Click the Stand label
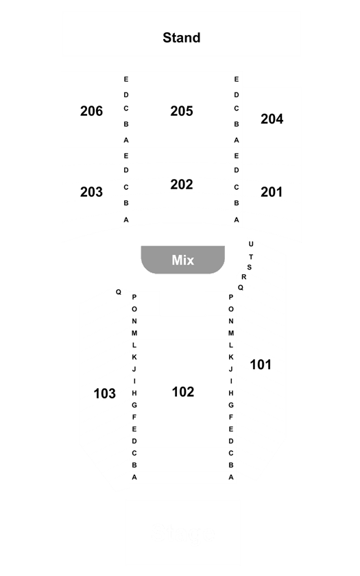(x=182, y=38)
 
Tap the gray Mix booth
(x=183, y=260)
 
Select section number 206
(x=91, y=111)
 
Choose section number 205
(x=182, y=111)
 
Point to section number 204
(x=272, y=119)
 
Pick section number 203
(x=91, y=192)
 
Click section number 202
(x=182, y=184)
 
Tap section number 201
(x=272, y=192)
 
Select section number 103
(x=105, y=394)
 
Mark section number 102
(x=183, y=392)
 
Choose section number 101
(x=261, y=364)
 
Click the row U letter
(x=251, y=244)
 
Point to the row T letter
(x=251, y=256)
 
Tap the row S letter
(x=250, y=267)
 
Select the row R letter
(x=244, y=277)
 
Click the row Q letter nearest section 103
(x=118, y=292)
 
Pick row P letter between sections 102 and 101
(x=230, y=297)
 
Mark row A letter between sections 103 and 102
(x=134, y=477)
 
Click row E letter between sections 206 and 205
(x=126, y=79)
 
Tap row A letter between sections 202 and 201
(x=236, y=219)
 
